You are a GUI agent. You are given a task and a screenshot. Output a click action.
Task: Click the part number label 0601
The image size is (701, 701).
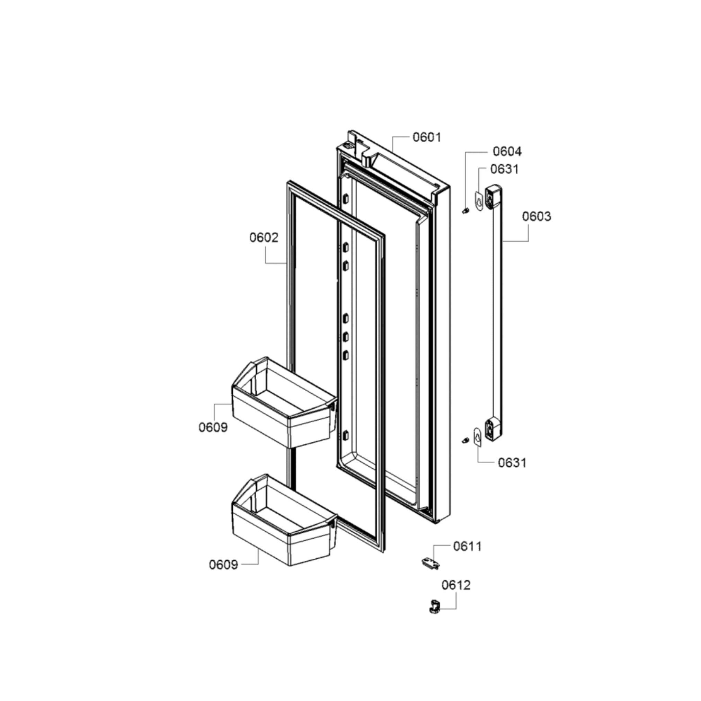click(x=427, y=137)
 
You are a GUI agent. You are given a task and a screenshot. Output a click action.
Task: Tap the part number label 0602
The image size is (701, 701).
click(x=264, y=237)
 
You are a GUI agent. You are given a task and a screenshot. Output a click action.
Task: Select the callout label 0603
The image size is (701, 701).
click(x=536, y=216)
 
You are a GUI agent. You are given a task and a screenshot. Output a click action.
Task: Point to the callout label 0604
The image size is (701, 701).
click(x=507, y=151)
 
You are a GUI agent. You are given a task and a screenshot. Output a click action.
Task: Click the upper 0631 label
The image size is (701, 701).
click(x=505, y=169)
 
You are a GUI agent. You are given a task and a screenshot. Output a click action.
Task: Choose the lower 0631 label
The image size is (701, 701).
click(x=512, y=463)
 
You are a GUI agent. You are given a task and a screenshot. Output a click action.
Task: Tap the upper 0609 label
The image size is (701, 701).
click(x=213, y=427)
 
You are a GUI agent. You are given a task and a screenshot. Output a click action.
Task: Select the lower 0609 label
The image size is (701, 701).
click(x=223, y=565)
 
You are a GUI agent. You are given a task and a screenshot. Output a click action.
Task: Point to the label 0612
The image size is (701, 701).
click(x=456, y=595)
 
